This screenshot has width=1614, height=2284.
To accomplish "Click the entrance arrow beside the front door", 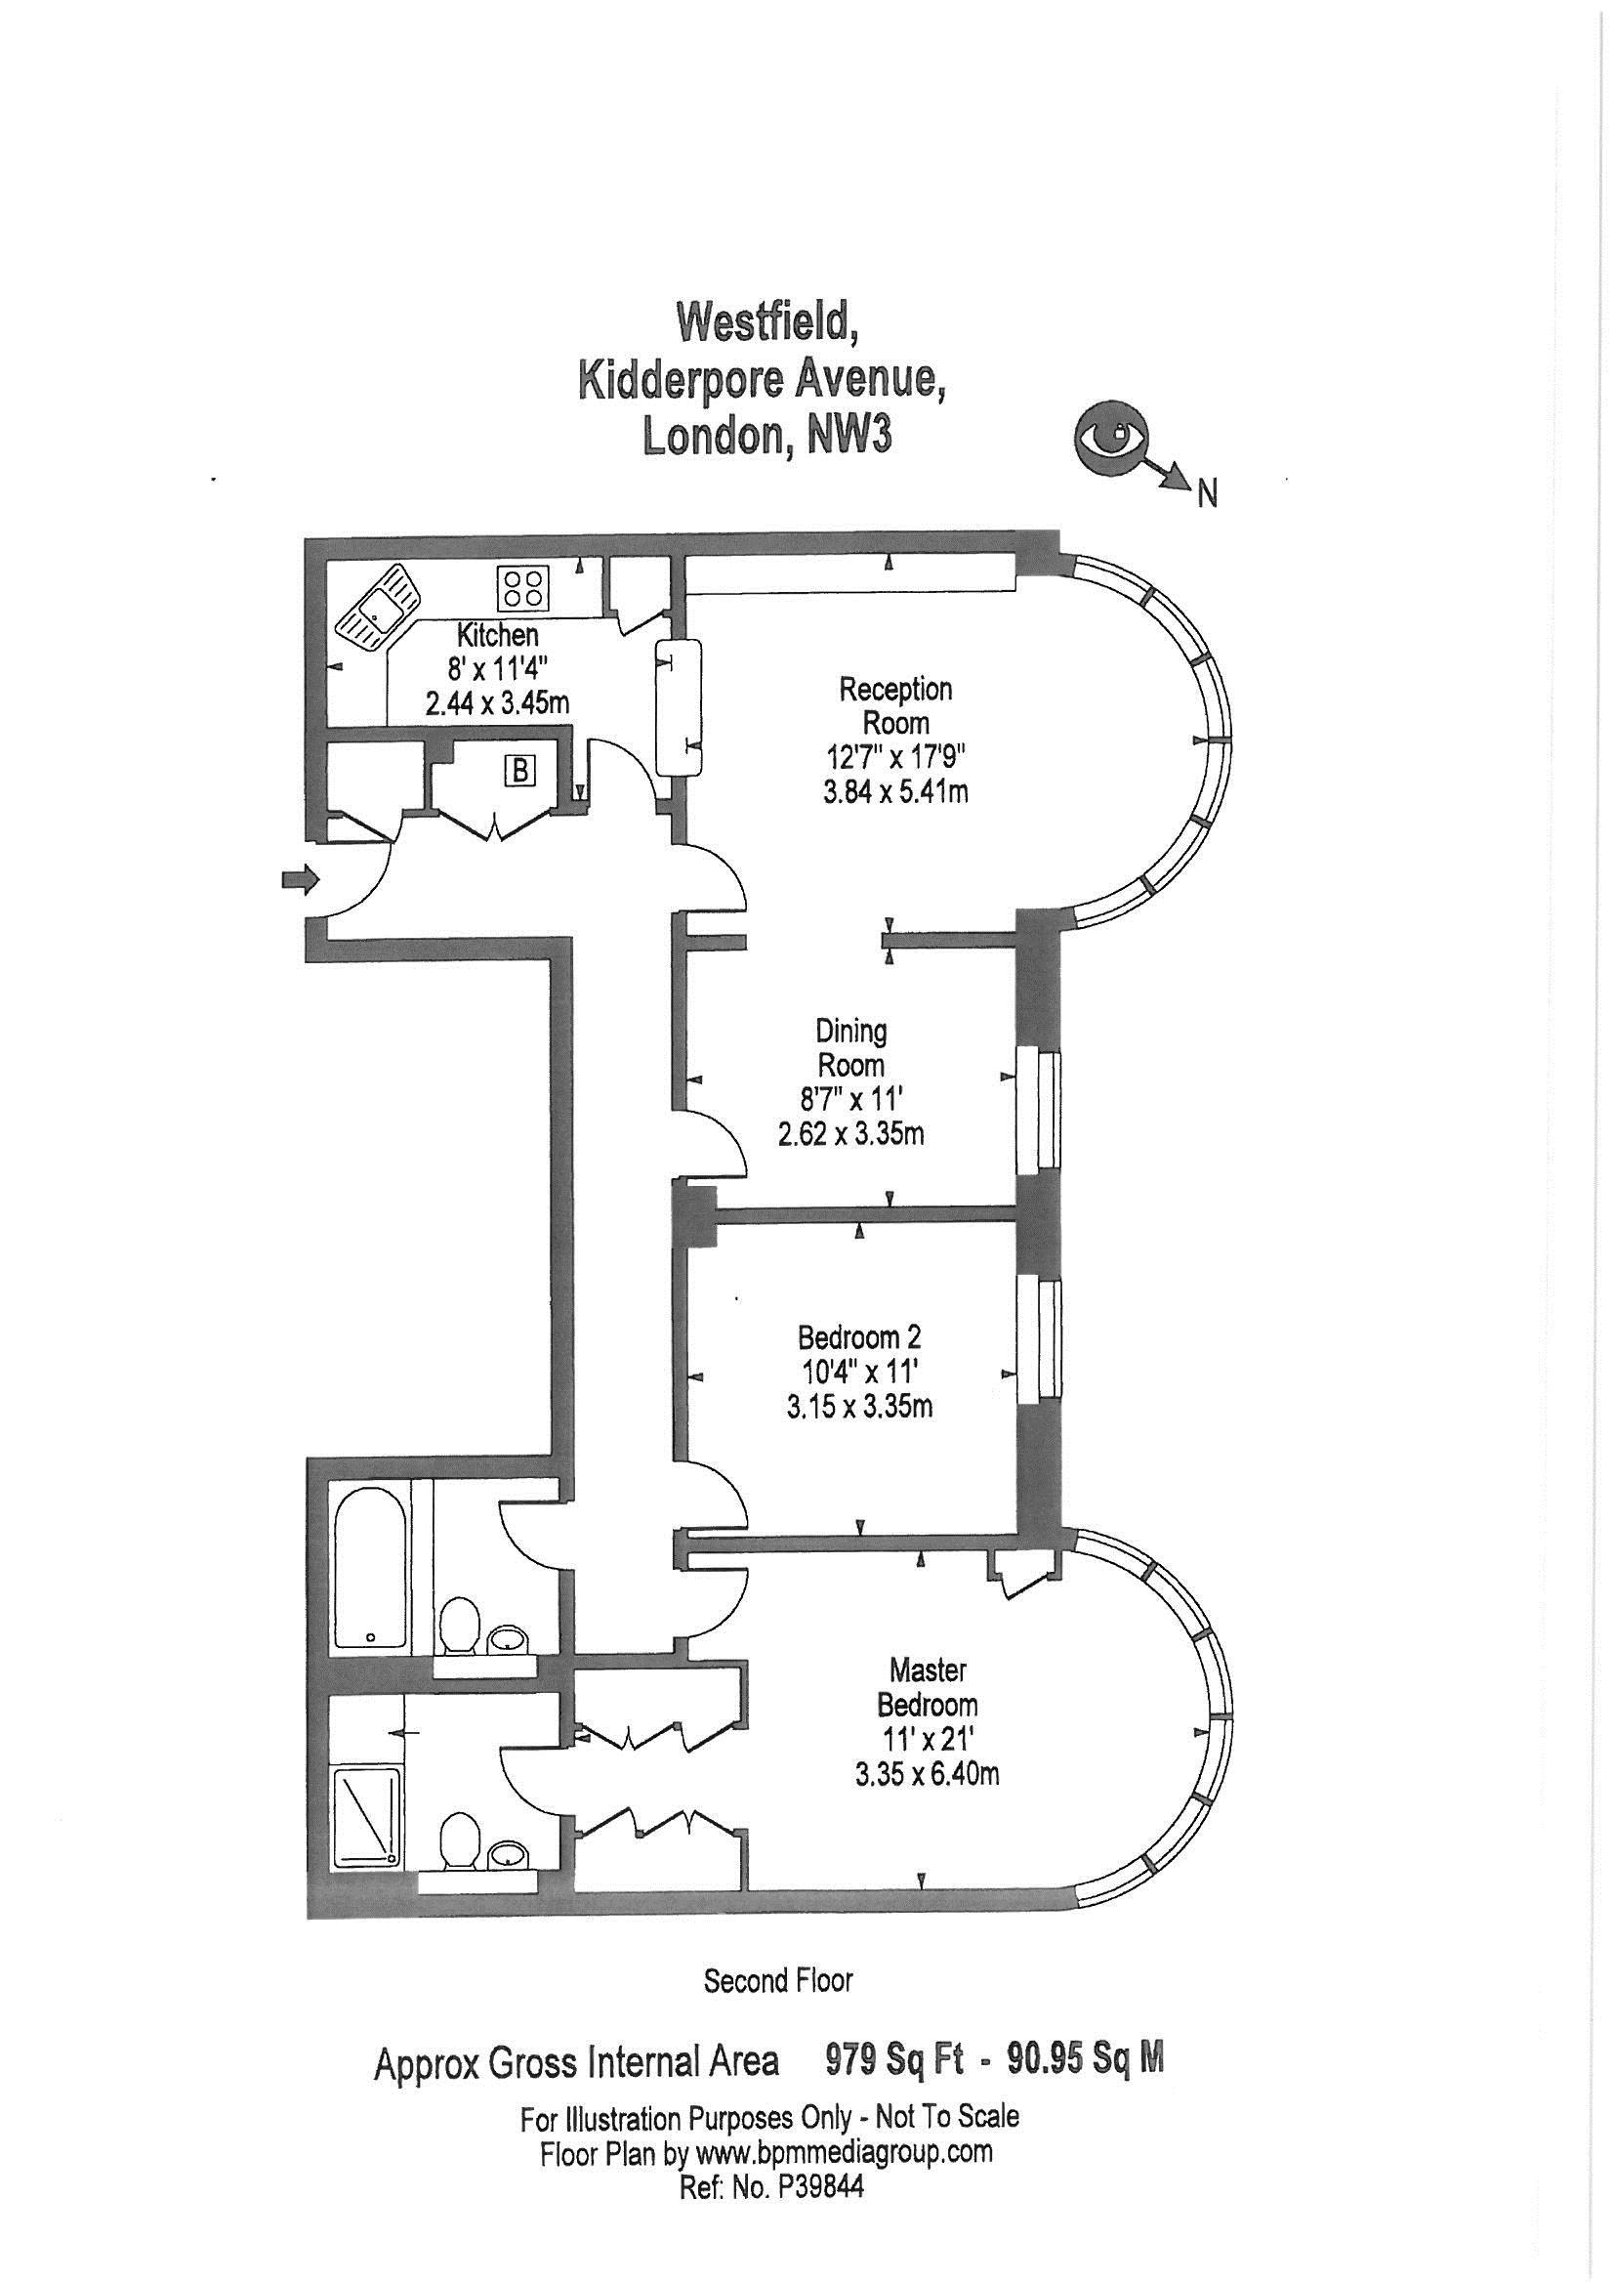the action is click(302, 878).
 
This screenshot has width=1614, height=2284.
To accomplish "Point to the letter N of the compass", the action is click(1207, 494).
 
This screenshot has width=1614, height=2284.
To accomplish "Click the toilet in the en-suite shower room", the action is click(461, 1839).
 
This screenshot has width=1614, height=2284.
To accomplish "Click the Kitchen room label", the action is click(497, 635).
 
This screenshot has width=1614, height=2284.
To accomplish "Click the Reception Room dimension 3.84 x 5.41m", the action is click(896, 792).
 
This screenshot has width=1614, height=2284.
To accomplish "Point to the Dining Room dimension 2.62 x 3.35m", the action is click(850, 1133).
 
